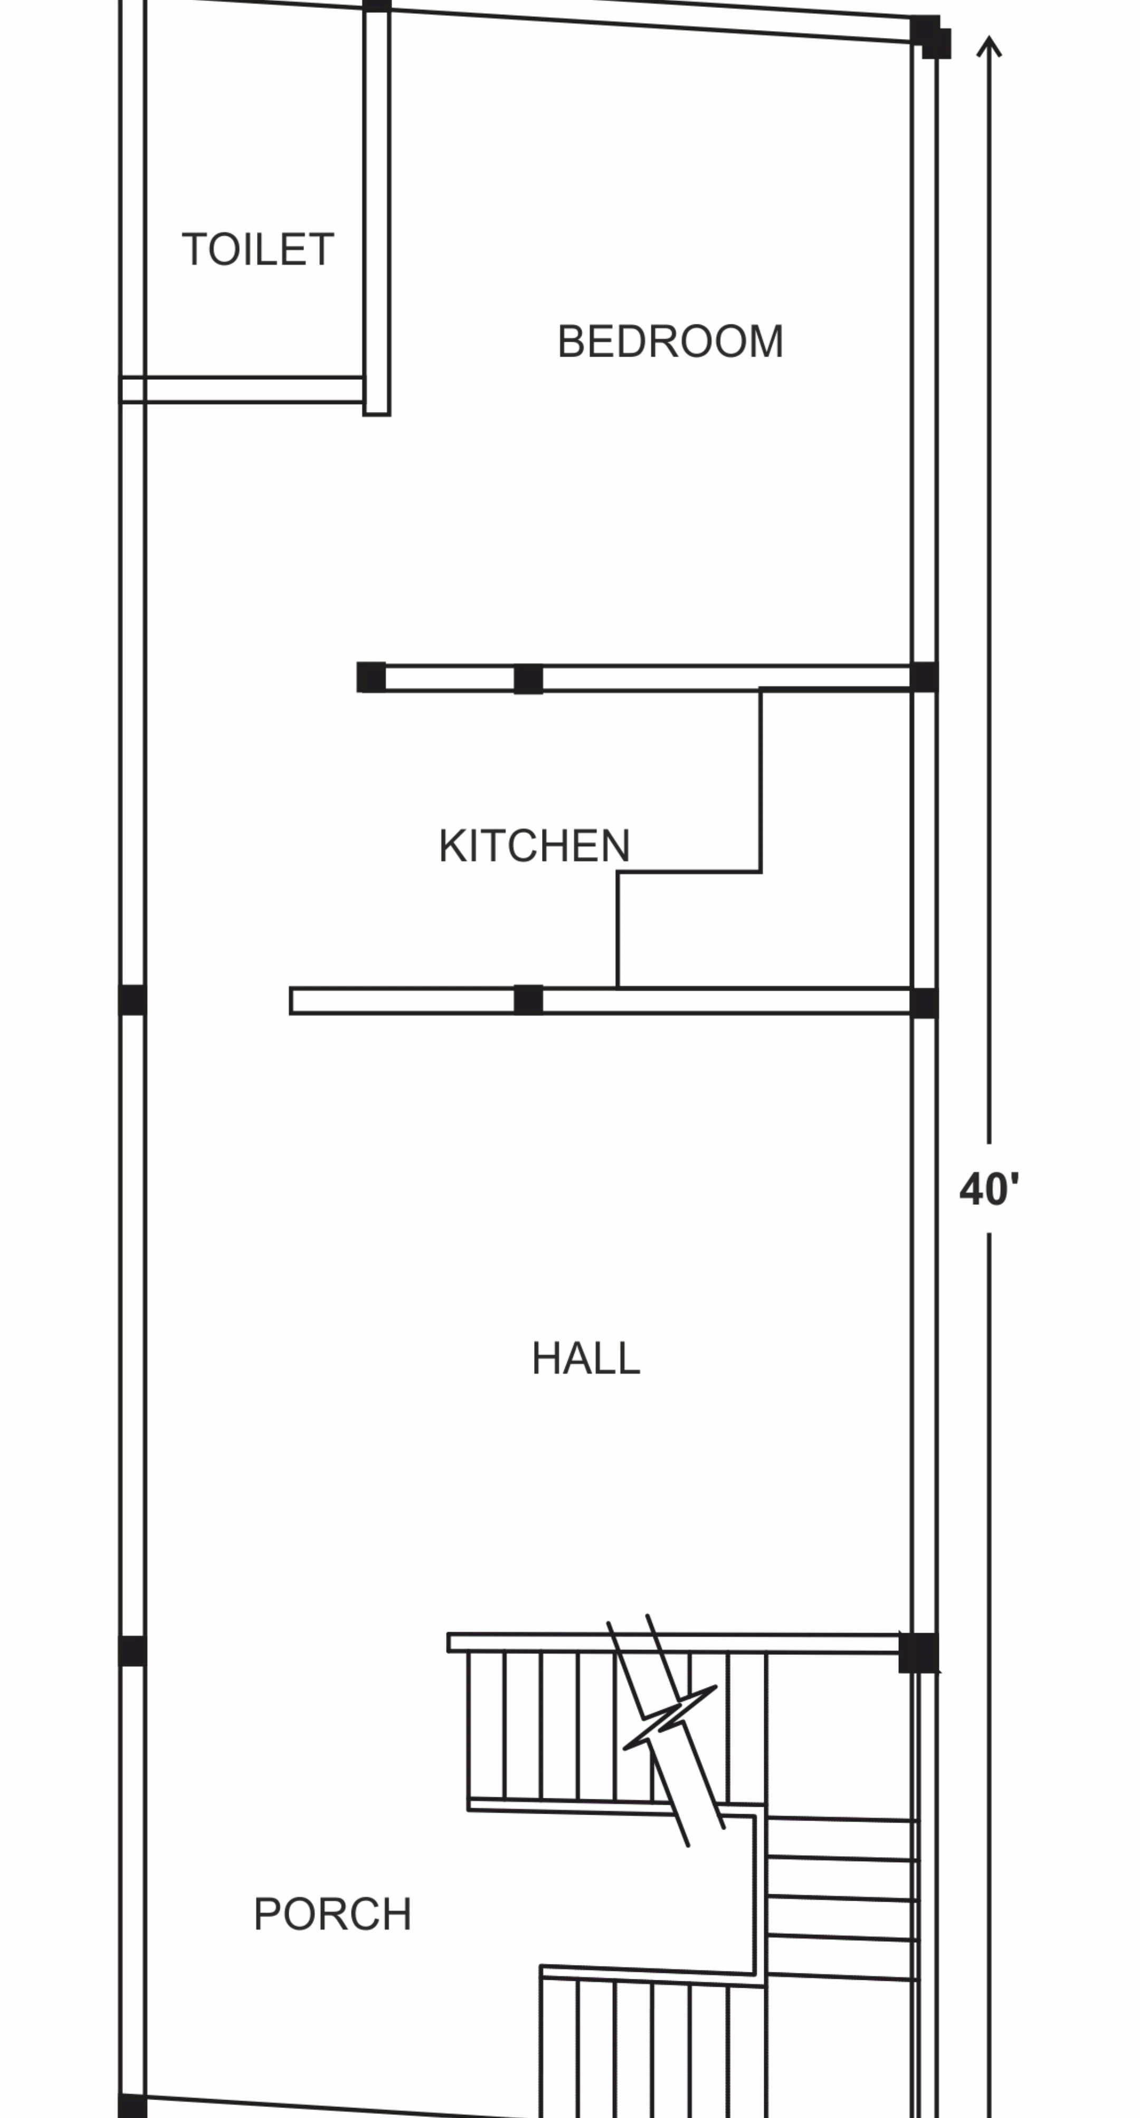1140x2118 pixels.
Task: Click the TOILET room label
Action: pyautogui.click(x=258, y=249)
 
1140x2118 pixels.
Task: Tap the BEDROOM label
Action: pyautogui.click(x=670, y=341)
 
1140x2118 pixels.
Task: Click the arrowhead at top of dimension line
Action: pyautogui.click(x=989, y=46)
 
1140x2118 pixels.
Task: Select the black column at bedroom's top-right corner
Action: pyautogui.click(x=930, y=37)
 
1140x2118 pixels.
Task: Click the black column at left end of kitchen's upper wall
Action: pyautogui.click(x=371, y=677)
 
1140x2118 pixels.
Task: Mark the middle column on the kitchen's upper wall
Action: pyautogui.click(x=528, y=679)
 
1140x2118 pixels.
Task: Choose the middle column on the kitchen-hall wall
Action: pyautogui.click(x=528, y=1000)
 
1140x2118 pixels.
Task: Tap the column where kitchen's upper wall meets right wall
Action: pyautogui.click(x=924, y=677)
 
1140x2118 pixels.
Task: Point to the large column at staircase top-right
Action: pyautogui.click(x=918, y=1653)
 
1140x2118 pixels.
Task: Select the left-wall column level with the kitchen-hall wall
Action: pyautogui.click(x=132, y=1000)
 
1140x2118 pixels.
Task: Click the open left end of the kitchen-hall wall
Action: pyautogui.click(x=291, y=1001)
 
